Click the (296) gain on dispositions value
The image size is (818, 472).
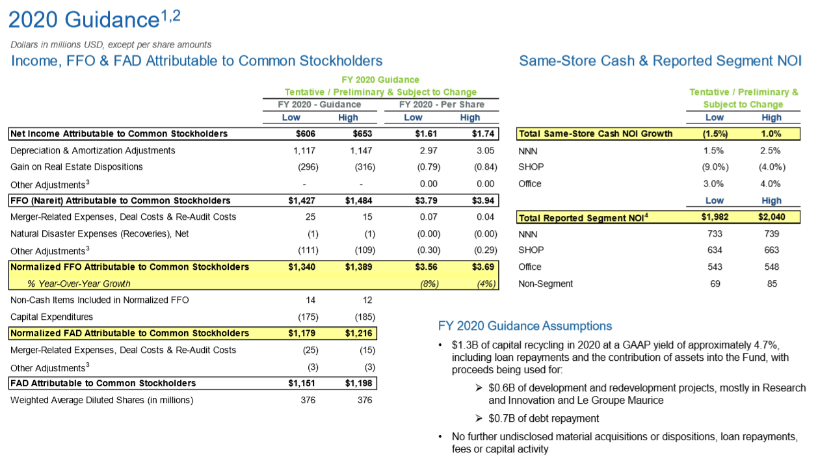pos(308,167)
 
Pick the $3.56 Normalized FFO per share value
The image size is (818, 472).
pos(427,267)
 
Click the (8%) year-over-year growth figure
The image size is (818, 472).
pos(429,283)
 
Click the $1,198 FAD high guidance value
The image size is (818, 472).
pos(359,384)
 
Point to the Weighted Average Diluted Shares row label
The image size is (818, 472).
pos(102,400)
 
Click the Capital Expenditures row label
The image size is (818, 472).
pos(52,317)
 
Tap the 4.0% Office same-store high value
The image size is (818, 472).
pos(772,183)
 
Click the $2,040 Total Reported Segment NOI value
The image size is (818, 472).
pos(772,217)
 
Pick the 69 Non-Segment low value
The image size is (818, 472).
pos(715,283)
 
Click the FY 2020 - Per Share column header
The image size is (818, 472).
pos(442,104)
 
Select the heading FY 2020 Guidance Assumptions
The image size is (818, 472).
pos(525,326)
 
